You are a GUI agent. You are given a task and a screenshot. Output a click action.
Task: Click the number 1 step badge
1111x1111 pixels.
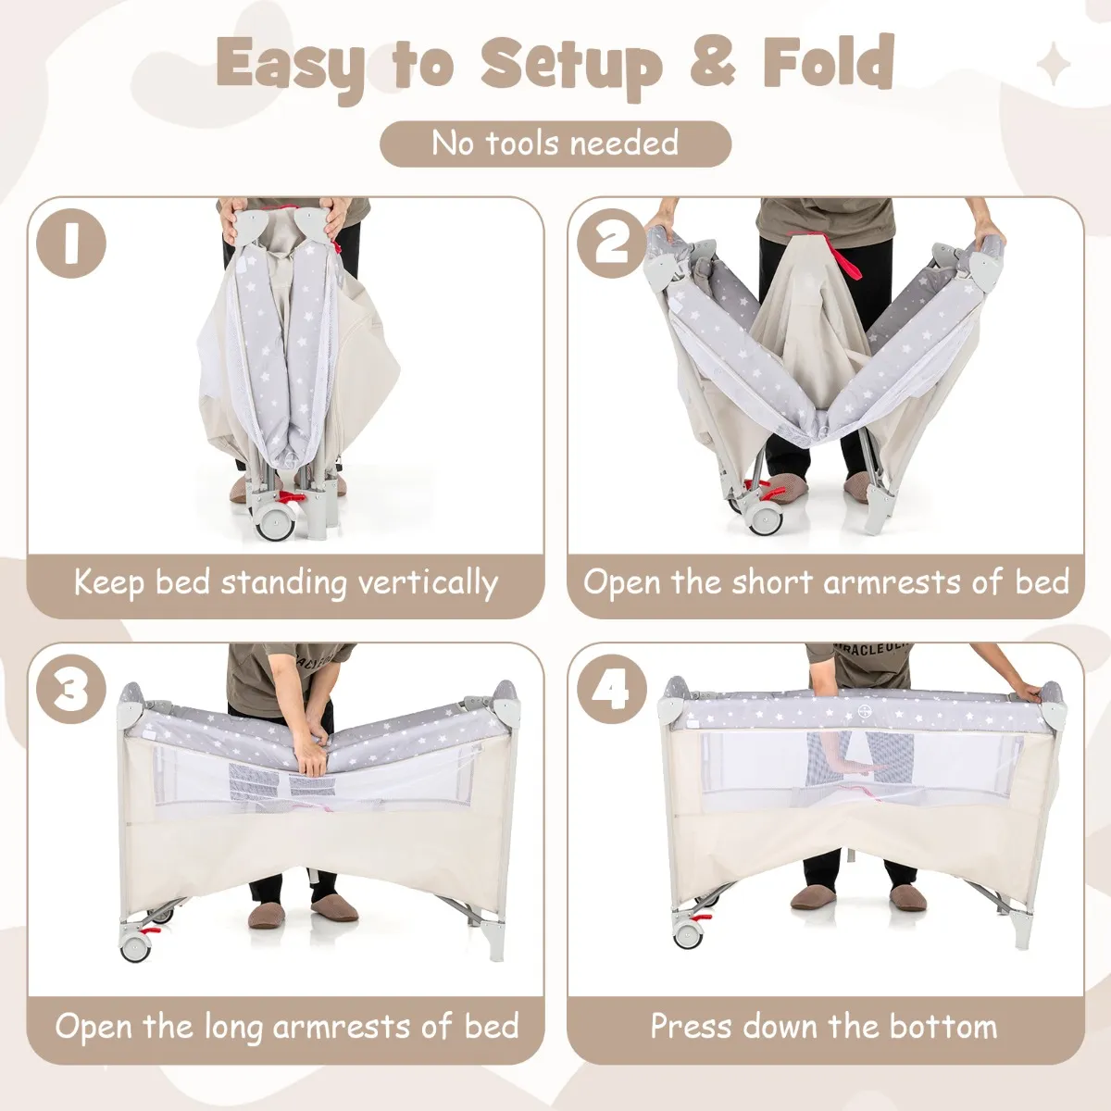coord(71,243)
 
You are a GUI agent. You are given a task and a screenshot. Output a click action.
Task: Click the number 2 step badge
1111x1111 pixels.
coord(612,243)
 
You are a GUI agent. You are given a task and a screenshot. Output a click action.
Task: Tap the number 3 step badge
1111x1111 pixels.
coord(71,689)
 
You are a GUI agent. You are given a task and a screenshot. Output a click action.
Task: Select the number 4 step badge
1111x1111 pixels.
coord(612,689)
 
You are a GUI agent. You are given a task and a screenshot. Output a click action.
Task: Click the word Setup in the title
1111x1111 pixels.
coord(571,67)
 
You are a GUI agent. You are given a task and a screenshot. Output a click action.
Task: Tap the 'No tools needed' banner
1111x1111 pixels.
coord(555,144)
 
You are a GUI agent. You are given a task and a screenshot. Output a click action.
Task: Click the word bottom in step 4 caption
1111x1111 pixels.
coord(942,1026)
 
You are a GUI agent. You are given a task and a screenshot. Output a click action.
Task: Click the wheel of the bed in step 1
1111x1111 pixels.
coord(273,522)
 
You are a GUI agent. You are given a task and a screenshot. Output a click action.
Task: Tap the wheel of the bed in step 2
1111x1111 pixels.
coord(765,518)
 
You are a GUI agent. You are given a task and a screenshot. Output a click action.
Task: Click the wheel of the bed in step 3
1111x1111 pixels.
coord(135,944)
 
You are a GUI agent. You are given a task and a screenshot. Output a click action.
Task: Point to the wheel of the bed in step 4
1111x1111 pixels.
coord(689,932)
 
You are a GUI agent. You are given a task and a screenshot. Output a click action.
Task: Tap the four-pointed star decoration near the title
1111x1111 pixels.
coord(1054,64)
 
